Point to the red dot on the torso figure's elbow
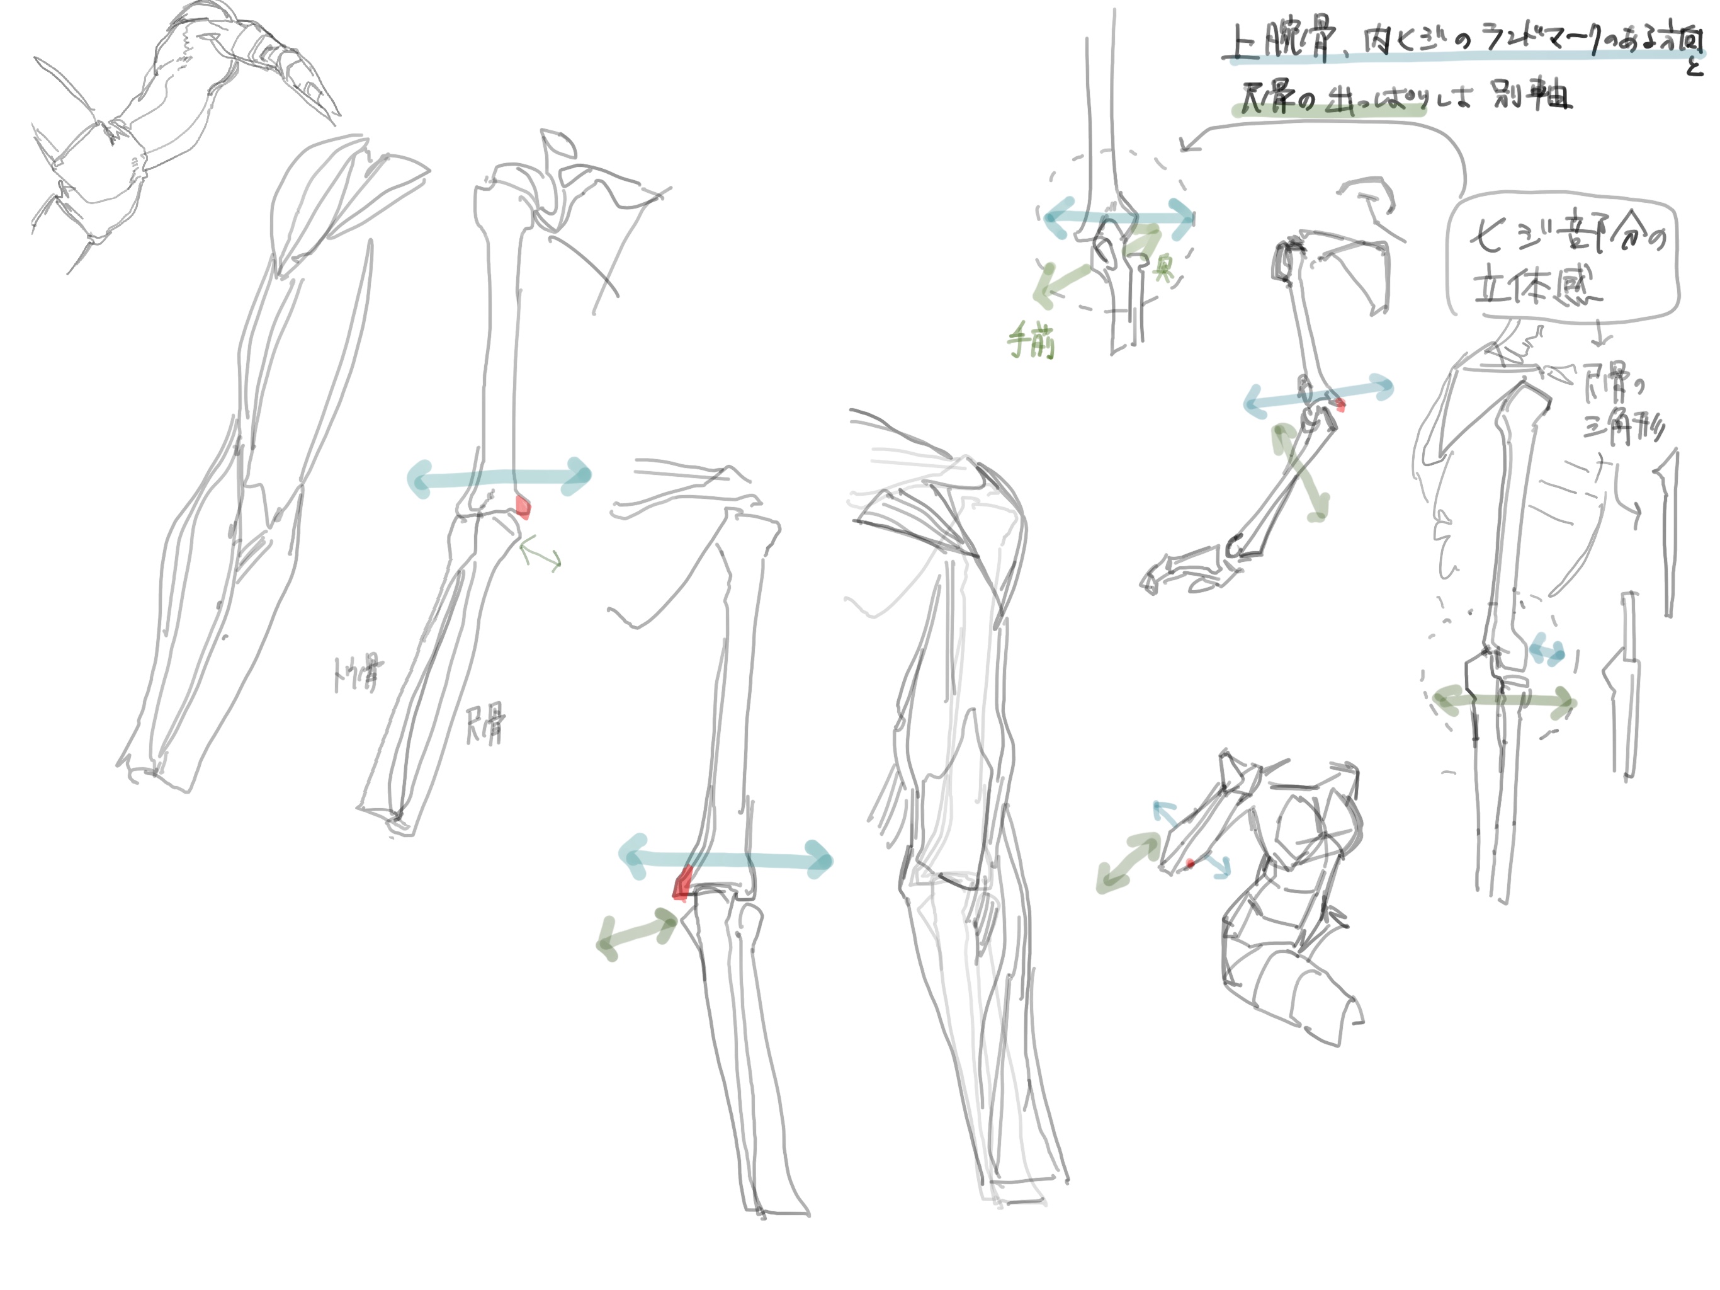(1190, 864)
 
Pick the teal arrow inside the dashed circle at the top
(1117, 217)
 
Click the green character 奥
(1164, 269)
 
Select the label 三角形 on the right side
(1624, 428)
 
